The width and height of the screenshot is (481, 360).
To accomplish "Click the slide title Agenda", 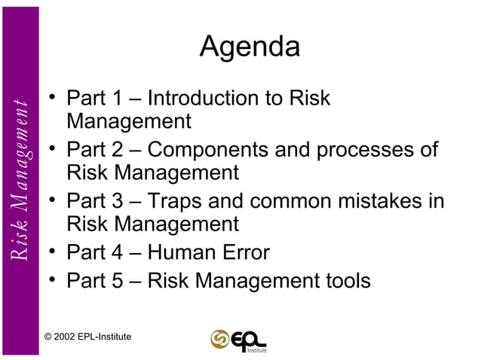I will coord(250,48).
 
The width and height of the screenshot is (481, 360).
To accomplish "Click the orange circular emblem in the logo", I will coord(219,339).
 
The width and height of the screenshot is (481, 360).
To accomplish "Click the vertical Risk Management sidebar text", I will coord(20,181).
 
